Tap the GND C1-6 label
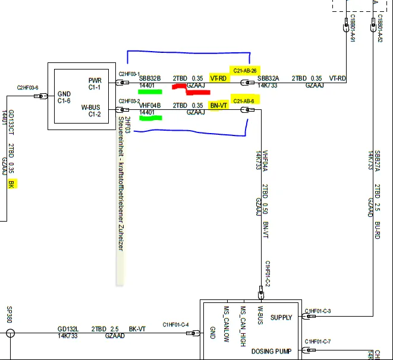[65, 97]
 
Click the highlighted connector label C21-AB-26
[245, 71]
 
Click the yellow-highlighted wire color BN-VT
[219, 105]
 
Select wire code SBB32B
[150, 78]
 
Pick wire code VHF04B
[150, 105]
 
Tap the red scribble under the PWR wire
[186, 88]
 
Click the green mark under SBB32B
[150, 91]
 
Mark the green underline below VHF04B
[150, 118]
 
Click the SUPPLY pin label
[281, 318]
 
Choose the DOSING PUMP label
[271, 352]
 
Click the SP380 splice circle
[10, 333]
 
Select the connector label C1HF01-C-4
[175, 325]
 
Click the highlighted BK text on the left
[10, 185]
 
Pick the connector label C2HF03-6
[28, 88]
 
